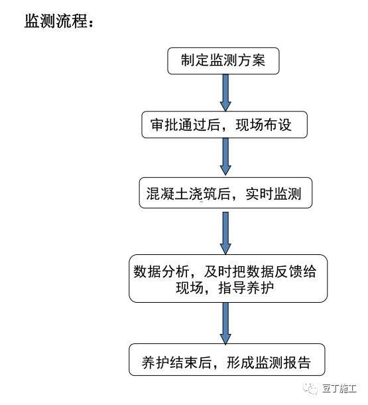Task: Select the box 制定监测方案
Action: [x=223, y=61]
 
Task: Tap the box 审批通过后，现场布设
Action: [x=224, y=125]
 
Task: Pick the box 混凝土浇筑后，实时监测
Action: [x=225, y=193]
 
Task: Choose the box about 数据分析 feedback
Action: [x=228, y=278]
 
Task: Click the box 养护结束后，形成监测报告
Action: [x=227, y=360]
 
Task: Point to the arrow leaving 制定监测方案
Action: [x=225, y=93]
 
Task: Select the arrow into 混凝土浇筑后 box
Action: [x=225, y=157]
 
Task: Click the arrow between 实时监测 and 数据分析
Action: [x=225, y=233]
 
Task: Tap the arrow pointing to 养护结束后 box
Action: [x=225, y=323]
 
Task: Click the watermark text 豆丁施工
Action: [x=339, y=388]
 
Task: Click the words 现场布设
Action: [x=263, y=125]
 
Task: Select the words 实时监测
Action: [x=273, y=193]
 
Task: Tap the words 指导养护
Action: [x=246, y=287]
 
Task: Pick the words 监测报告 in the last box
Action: [x=283, y=363]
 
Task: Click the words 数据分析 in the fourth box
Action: [x=161, y=272]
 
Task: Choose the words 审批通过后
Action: [x=185, y=125]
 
